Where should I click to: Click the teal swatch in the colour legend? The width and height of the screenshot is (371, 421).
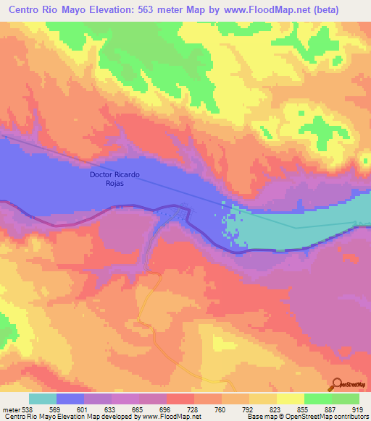click(43, 399)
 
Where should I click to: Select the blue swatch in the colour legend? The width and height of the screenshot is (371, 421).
click(70, 399)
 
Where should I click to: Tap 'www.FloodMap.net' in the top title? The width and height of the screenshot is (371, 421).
click(264, 10)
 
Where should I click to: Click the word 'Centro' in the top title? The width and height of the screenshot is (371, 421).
click(26, 10)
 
